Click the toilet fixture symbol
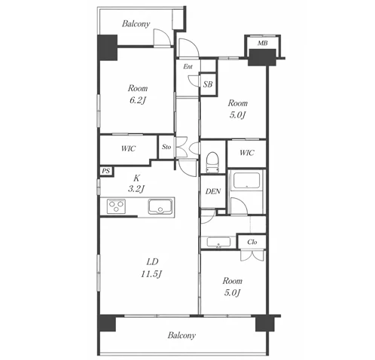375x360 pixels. (x=212, y=162)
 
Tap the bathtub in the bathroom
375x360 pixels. (x=246, y=181)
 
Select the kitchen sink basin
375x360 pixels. (x=160, y=206)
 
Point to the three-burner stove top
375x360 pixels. (x=116, y=206)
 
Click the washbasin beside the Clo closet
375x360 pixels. (x=218, y=243)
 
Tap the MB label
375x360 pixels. (x=263, y=43)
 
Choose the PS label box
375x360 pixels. (x=106, y=171)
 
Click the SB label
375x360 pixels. (x=208, y=84)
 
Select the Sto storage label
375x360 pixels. (x=166, y=147)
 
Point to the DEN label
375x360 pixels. (x=213, y=191)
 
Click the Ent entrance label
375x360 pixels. (x=188, y=66)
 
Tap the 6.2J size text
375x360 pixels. (x=138, y=100)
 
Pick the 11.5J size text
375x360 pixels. (x=151, y=274)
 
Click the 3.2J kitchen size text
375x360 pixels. (x=136, y=188)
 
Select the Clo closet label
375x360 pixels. (x=252, y=242)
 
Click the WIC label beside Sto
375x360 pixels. (x=128, y=148)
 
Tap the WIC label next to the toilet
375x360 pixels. (x=247, y=153)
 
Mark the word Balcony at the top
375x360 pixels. (x=136, y=24)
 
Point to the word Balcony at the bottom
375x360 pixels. (x=181, y=335)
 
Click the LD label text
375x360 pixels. (x=153, y=262)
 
